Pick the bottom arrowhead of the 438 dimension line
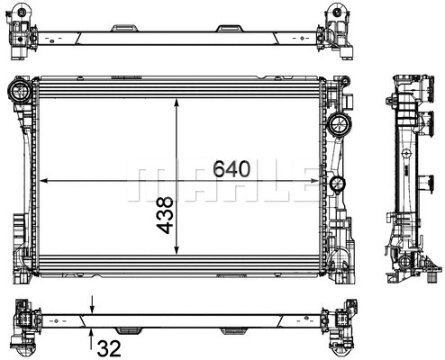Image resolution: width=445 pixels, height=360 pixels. point(177,254)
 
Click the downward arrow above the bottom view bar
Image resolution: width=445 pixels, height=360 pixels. point(92,306)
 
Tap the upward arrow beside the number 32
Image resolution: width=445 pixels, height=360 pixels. point(92,334)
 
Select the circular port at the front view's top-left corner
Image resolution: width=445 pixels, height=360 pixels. point(18,90)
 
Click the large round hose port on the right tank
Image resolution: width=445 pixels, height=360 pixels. point(341,123)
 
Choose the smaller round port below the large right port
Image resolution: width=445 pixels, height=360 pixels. point(338,185)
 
